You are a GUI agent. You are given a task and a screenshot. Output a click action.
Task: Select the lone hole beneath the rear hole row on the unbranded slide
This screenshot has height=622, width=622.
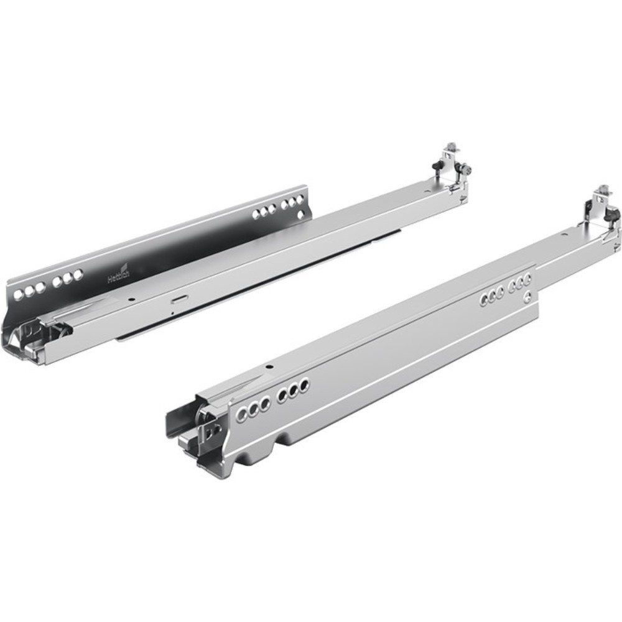(x=527, y=297)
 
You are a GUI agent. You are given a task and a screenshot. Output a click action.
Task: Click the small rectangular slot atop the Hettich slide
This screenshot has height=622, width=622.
(x=179, y=297)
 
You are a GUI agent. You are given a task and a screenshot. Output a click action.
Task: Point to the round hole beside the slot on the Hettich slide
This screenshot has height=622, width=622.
(x=131, y=299)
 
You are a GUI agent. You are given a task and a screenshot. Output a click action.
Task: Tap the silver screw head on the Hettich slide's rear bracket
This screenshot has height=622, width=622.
(x=466, y=169)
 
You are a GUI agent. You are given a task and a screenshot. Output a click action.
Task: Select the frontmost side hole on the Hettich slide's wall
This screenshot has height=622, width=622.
(x=19, y=292)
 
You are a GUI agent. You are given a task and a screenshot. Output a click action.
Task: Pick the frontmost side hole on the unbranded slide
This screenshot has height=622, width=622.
(x=241, y=414)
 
